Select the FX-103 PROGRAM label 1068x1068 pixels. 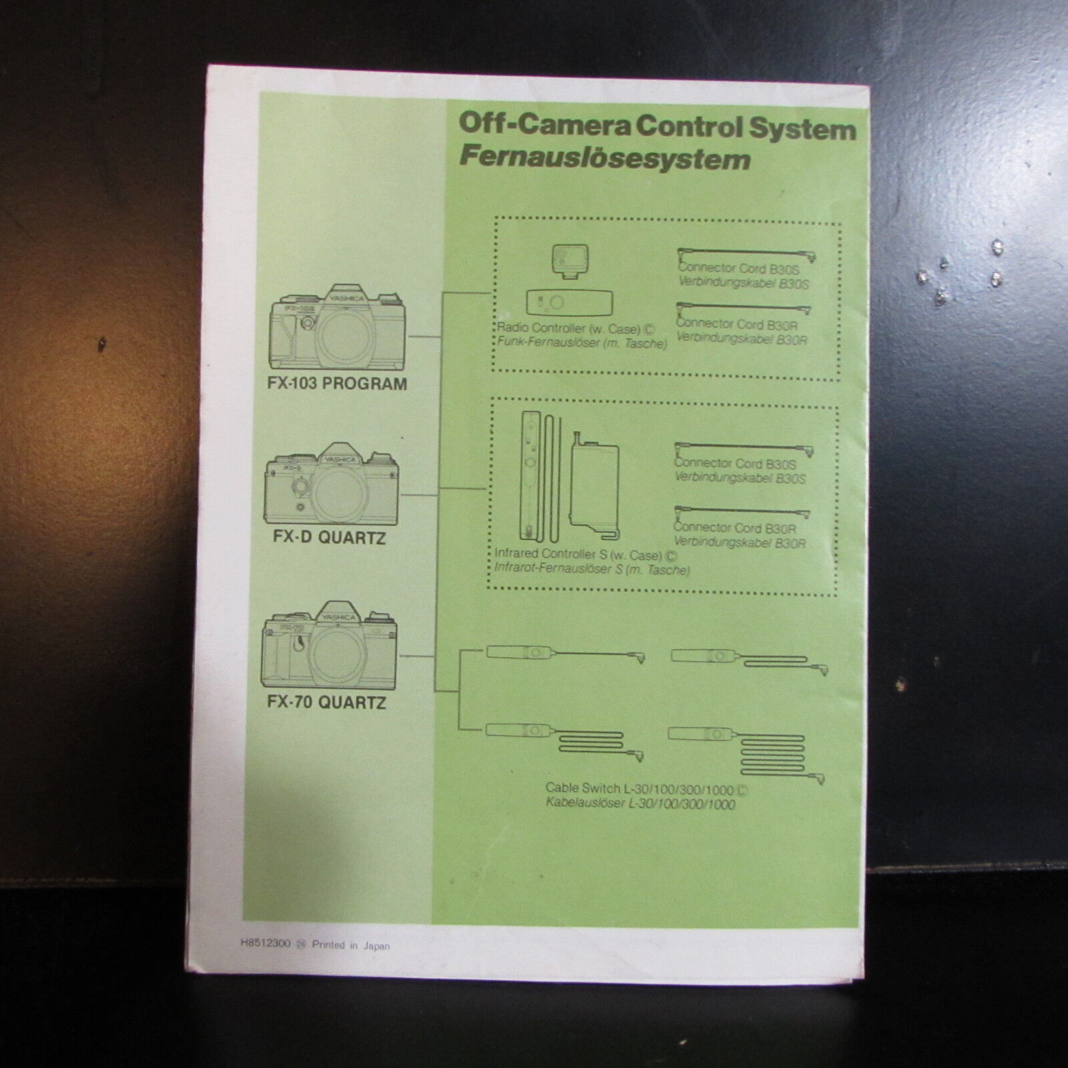[x=336, y=384]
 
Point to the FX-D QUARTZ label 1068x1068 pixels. [x=329, y=537]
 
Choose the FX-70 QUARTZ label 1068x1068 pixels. [x=326, y=702]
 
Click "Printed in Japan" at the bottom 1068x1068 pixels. [x=351, y=945]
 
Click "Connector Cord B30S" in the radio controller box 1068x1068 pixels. [x=738, y=269]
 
